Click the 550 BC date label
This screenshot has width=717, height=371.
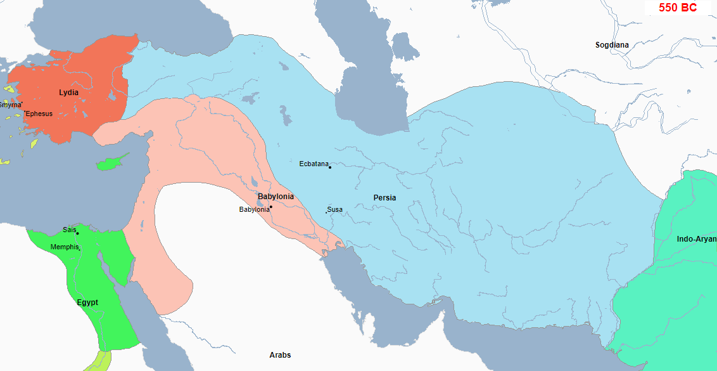tap(677, 8)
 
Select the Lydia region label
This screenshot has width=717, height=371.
tap(68, 93)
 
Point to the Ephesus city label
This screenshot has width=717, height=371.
tap(39, 114)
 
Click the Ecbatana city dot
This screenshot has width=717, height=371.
tap(330, 167)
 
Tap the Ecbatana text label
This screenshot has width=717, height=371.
tap(314, 164)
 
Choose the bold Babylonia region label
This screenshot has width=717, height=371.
tap(276, 197)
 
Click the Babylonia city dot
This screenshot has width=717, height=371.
tap(270, 207)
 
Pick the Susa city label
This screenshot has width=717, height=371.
tap(335, 209)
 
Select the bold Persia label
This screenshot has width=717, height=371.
tap(384, 198)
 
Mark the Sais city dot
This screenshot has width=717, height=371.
tap(77, 233)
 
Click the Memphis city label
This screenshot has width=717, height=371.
tap(64, 247)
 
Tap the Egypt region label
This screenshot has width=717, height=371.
tap(87, 303)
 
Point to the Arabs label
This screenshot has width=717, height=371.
tap(280, 355)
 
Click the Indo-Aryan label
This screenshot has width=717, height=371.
tap(696, 239)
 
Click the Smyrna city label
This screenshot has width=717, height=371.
tap(10, 105)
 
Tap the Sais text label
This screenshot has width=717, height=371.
tap(69, 230)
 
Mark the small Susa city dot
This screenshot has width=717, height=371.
tap(326, 212)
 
